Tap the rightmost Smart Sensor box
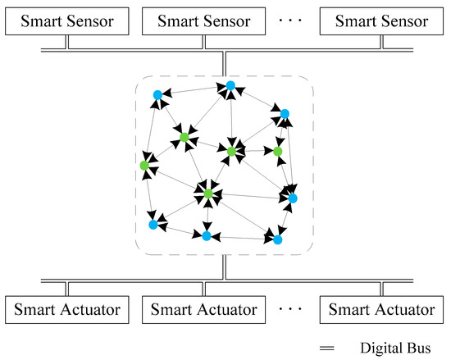click(378, 22)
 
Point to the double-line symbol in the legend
click(327, 347)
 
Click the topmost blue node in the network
click(231, 85)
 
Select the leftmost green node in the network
click(144, 166)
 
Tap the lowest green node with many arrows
click(208, 194)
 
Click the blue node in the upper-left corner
click(157, 95)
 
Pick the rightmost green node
click(278, 151)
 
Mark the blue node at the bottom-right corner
click(278, 239)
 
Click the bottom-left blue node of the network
click(153, 224)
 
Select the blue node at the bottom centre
click(207, 236)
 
